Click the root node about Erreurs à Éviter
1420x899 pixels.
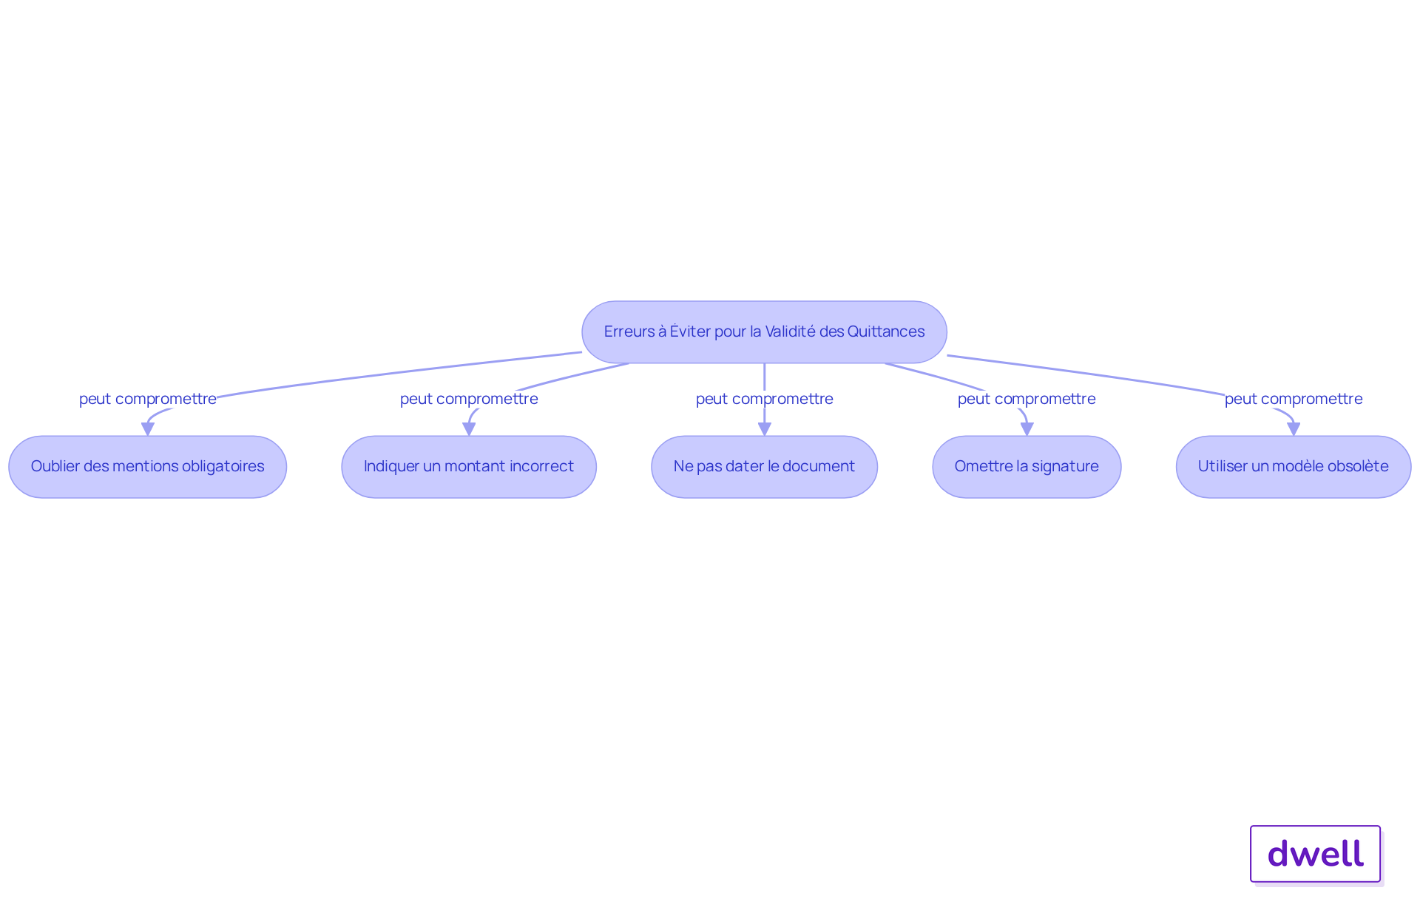(764, 331)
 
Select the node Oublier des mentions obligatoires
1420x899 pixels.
(147, 466)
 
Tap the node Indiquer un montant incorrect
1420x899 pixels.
(469, 466)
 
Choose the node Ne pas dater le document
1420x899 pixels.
(764, 466)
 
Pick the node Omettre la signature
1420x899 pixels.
(1027, 466)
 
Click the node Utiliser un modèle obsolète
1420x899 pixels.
(1294, 466)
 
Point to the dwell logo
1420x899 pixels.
(1316, 854)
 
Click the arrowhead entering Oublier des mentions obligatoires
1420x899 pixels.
(148, 429)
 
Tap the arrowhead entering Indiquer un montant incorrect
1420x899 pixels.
(469, 429)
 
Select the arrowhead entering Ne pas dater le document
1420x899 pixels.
(765, 429)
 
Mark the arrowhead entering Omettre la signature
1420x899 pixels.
(1027, 429)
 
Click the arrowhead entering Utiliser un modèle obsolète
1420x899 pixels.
(1294, 429)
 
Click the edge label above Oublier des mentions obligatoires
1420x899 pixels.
(148, 399)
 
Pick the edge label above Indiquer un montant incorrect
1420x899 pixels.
(469, 399)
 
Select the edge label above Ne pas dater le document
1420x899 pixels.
(765, 399)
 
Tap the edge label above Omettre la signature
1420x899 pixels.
(1027, 399)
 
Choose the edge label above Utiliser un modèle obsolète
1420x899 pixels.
(1294, 399)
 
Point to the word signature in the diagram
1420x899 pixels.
(1065, 467)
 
